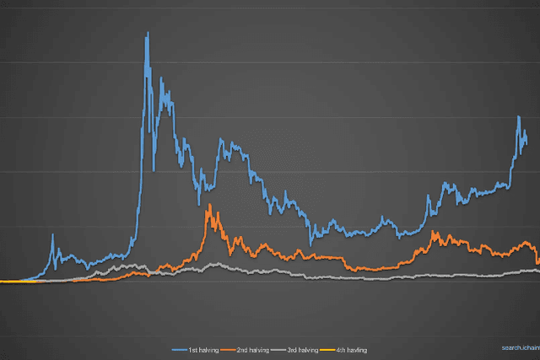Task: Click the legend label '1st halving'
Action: (x=203, y=350)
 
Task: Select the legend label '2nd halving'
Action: (x=253, y=350)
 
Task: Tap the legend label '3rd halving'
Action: (x=303, y=350)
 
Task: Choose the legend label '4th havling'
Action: (x=352, y=350)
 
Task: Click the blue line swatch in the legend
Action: (x=180, y=350)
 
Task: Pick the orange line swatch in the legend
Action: (x=228, y=350)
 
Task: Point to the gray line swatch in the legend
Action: (x=278, y=350)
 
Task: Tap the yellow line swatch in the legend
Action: (x=327, y=350)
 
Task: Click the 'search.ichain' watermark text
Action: (x=521, y=347)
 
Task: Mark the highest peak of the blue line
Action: (x=148, y=33)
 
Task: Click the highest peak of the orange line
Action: (x=210, y=205)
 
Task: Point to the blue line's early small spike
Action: (x=52, y=235)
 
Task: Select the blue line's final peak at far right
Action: (x=519, y=117)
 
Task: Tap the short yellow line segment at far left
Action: (x=18, y=282)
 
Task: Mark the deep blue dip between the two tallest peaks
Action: (x=154, y=169)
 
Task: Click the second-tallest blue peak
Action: (x=161, y=78)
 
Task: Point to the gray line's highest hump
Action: (x=217, y=264)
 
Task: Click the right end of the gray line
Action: (x=538, y=271)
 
